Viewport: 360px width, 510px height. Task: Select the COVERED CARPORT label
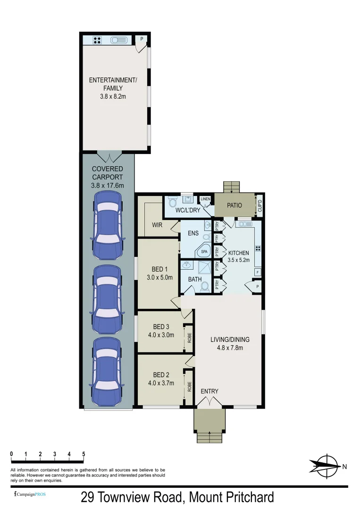click(x=108, y=173)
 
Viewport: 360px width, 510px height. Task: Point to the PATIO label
click(x=234, y=205)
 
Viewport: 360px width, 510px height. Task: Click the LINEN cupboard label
click(x=205, y=199)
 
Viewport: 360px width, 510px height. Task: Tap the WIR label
click(x=157, y=225)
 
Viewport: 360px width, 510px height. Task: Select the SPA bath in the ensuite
click(x=204, y=252)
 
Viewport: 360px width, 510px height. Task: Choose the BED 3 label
click(x=161, y=327)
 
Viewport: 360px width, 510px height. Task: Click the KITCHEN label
click(x=239, y=253)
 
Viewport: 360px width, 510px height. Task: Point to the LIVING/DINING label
click(x=230, y=340)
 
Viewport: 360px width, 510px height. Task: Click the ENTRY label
click(x=209, y=391)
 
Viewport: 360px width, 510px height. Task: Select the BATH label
click(x=195, y=279)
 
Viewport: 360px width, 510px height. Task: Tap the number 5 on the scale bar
click(x=84, y=454)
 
